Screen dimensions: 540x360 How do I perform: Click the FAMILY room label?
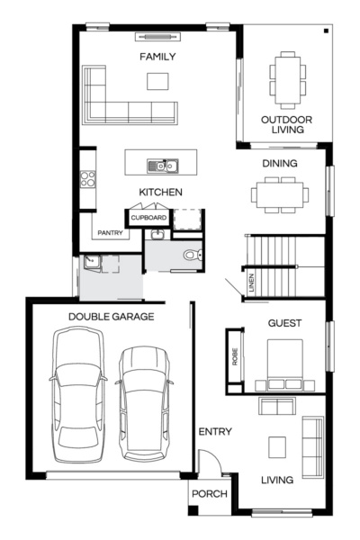point(157,57)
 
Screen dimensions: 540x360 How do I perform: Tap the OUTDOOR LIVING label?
point(285,124)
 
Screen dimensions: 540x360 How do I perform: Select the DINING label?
point(279,164)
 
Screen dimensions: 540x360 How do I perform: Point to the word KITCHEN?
point(161,193)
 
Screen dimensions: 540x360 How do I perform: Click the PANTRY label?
point(110,231)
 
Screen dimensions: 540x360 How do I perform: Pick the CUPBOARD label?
point(148,218)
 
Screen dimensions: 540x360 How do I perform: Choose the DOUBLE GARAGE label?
point(112,317)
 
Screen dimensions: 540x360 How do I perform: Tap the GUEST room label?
point(284,323)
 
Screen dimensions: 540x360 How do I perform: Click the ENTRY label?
point(215,432)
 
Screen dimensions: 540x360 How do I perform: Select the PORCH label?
point(210,494)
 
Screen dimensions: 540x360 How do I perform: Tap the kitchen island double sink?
point(163,165)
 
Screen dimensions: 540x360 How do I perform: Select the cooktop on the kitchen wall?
point(88,179)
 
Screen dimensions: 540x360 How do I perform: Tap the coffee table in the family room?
point(157,81)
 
